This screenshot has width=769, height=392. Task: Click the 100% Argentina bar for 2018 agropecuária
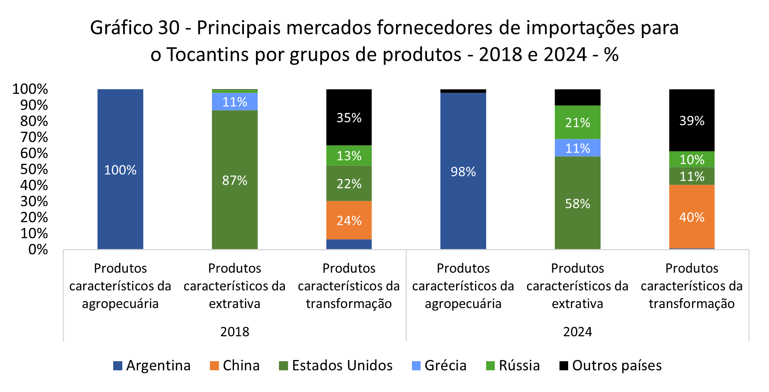click(120, 169)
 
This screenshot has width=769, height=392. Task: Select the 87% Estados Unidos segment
click(234, 180)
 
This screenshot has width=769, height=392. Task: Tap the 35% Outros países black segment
click(349, 118)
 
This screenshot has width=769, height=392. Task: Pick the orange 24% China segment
click(349, 220)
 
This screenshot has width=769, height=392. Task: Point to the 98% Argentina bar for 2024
click(463, 171)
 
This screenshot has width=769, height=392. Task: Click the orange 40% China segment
click(692, 217)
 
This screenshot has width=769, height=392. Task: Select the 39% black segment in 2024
click(692, 120)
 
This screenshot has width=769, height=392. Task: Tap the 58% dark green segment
click(577, 203)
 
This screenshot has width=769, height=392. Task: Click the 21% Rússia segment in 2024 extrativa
click(577, 122)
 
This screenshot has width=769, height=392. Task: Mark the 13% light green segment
click(349, 156)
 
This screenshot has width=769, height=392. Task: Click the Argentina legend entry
click(152, 366)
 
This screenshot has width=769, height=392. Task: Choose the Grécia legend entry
click(439, 366)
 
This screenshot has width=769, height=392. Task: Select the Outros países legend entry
click(610, 366)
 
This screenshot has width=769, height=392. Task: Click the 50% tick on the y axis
click(34, 169)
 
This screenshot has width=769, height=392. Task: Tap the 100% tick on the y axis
click(30, 89)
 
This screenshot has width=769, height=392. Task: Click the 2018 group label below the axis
click(234, 332)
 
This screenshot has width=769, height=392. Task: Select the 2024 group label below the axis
click(577, 332)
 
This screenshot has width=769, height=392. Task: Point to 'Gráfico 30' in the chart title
click(135, 28)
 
